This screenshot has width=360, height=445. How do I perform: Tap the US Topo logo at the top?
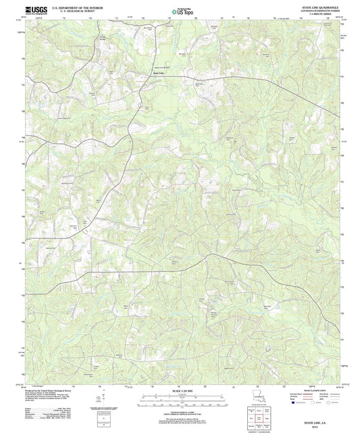180,11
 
